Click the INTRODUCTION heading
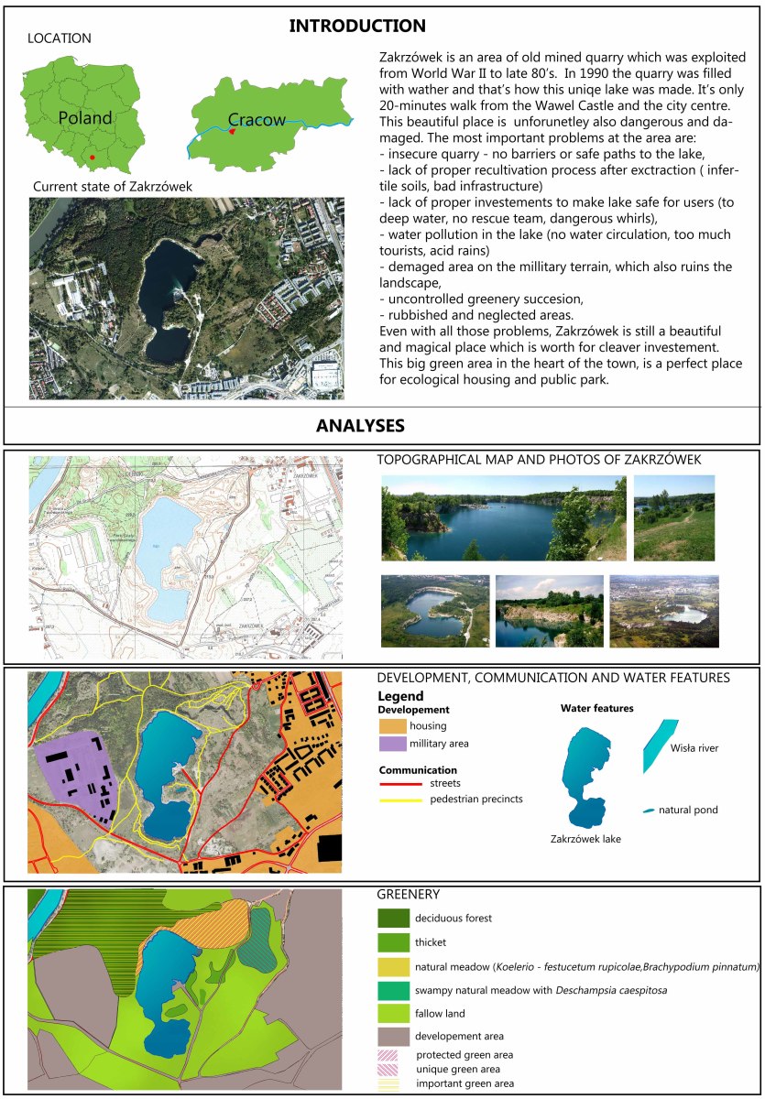357,26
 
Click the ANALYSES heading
360,426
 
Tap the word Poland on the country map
85,117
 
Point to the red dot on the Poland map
93,158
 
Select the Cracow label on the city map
257,119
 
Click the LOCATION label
60,38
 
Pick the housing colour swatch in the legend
392,726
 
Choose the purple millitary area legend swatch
392,745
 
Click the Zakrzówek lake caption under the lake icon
585,838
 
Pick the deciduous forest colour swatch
391,918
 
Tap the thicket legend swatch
391,941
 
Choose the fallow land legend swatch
391,1014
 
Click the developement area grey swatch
391,1037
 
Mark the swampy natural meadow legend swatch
391,990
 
